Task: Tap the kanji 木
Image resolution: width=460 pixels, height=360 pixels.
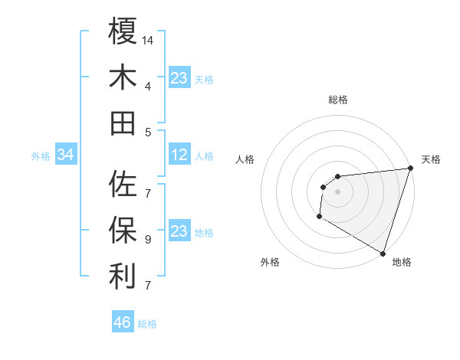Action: [x=123, y=77]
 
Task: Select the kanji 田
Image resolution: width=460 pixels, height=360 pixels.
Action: [x=123, y=123]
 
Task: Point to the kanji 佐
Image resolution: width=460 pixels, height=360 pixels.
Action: [x=123, y=184]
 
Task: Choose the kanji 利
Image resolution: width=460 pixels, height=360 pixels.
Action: [x=123, y=276]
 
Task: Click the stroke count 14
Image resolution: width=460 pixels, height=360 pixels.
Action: [x=149, y=40]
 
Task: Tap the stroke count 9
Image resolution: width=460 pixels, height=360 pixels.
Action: [x=148, y=240]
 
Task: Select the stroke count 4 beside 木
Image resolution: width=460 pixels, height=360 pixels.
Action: [x=148, y=86]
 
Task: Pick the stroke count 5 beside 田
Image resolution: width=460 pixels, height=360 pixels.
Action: [x=148, y=132]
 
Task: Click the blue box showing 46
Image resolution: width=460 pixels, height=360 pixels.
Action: [x=123, y=322]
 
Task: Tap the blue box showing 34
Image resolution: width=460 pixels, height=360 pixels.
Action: [x=66, y=155]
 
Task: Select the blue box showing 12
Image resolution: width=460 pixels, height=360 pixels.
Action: [x=179, y=155]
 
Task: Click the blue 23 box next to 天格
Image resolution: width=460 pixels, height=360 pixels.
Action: [x=179, y=78]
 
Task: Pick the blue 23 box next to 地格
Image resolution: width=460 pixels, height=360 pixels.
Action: [x=179, y=232]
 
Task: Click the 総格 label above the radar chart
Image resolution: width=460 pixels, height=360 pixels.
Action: [x=337, y=100]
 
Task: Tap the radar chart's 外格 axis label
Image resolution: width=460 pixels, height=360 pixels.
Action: [x=270, y=262]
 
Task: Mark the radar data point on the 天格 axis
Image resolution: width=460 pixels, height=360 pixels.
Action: [x=410, y=169]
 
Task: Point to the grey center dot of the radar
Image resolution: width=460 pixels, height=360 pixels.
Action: [x=337, y=191]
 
